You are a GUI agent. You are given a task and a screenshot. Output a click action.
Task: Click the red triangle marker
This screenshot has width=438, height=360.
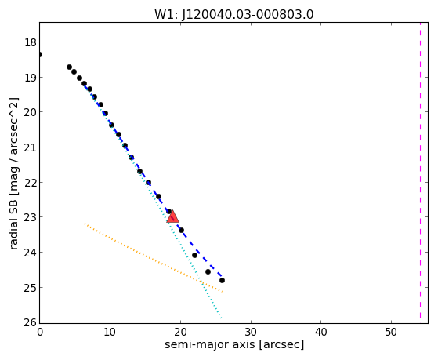[x=172, y=216]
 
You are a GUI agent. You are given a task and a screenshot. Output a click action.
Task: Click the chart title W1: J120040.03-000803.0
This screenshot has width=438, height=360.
[x=233, y=15]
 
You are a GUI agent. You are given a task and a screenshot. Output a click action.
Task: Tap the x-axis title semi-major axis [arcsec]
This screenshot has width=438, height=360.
[x=234, y=344]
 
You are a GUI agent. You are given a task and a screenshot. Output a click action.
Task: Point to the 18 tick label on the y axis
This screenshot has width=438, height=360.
[x=31, y=42]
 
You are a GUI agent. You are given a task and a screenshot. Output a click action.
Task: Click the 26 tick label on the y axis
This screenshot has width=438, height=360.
[x=31, y=322]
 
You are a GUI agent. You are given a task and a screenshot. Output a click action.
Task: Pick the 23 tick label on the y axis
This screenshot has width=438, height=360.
[x=31, y=217]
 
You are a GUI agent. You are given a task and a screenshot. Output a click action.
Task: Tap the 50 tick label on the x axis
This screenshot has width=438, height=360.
[x=391, y=332]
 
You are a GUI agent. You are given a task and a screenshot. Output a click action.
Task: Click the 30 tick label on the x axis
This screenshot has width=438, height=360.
[x=251, y=332]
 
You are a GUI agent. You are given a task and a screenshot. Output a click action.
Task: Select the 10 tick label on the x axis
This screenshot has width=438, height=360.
[x=110, y=332]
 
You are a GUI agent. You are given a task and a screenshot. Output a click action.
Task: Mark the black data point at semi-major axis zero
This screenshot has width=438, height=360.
[x=40, y=54]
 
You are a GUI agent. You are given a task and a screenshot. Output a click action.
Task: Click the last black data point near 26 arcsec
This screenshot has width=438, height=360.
[x=222, y=280]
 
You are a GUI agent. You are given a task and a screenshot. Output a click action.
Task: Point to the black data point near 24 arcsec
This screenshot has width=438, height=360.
[x=208, y=271]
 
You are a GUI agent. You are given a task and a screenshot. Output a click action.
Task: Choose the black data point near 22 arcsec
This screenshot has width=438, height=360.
[x=194, y=255]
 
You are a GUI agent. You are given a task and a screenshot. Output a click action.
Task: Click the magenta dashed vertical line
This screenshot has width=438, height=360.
[x=420, y=171]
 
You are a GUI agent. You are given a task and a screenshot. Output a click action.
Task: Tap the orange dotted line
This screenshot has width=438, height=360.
[x=153, y=257]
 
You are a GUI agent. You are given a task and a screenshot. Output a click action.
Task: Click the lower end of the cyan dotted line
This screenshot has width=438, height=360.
[x=221, y=318]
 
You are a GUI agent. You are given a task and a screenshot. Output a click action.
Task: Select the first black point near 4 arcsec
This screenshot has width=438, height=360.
[x=69, y=67]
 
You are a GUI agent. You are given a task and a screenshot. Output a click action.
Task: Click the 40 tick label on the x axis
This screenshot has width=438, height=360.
[x=320, y=332]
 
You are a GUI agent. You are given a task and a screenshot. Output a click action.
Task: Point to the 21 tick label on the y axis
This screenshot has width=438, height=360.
[x=31, y=147]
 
